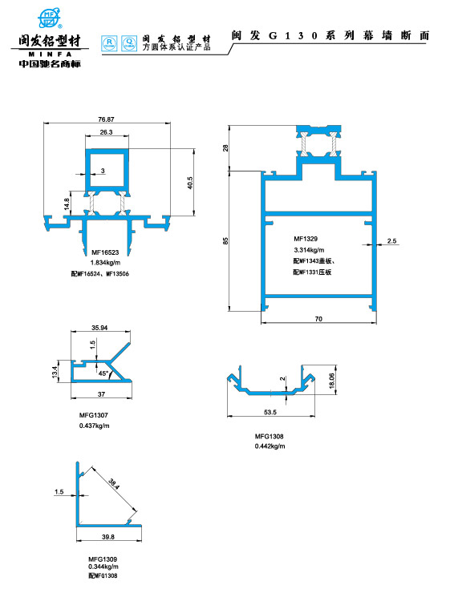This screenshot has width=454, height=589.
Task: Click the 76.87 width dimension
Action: coord(106,119)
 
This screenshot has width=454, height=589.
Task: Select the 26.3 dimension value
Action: coord(106,132)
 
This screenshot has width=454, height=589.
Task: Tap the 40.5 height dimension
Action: coord(190,183)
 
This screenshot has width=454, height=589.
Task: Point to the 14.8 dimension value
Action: coord(67,204)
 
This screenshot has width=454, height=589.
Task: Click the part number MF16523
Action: coord(105,252)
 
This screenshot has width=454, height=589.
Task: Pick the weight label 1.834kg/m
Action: coord(105,263)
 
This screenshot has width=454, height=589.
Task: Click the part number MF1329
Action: coord(306,239)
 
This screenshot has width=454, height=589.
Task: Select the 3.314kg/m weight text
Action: coord(309,250)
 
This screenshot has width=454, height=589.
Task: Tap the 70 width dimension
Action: coord(318,319)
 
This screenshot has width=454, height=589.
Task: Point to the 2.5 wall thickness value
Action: coord(392,240)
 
